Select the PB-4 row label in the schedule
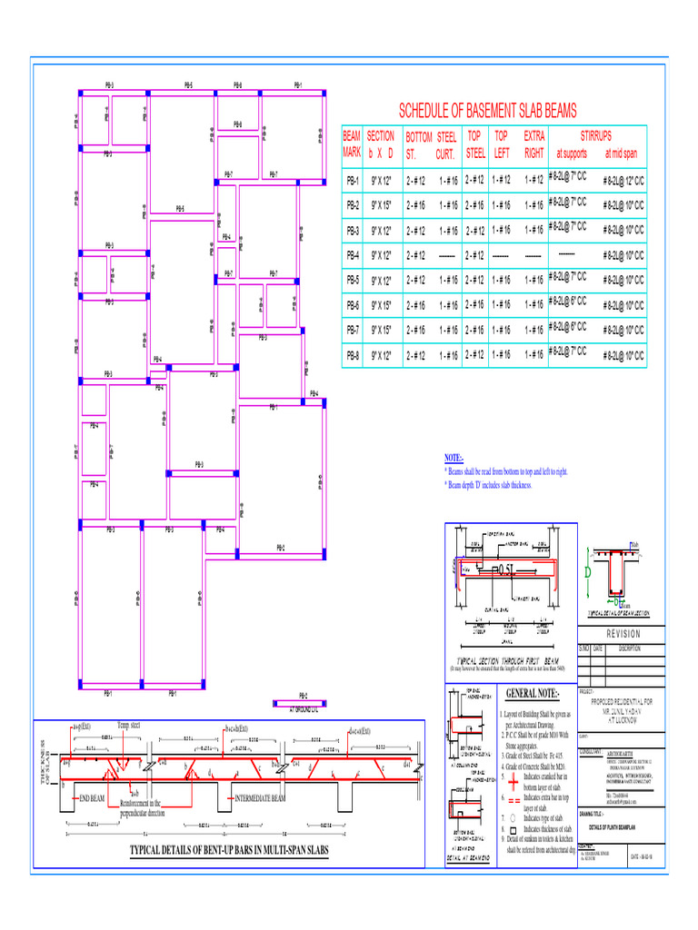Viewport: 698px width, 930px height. [353, 255]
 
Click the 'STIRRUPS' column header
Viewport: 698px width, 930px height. [595, 135]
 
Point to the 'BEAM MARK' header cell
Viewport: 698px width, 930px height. [352, 144]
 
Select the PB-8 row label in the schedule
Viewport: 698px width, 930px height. [353, 355]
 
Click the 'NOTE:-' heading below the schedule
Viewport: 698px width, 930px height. [454, 459]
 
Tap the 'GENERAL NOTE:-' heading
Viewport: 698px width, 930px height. [532, 695]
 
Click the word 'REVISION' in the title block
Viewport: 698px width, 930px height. [623, 634]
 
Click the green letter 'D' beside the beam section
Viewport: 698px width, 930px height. [588, 574]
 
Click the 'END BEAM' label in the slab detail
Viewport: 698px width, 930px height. [92, 798]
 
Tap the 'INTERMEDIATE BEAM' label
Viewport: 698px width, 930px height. [261, 798]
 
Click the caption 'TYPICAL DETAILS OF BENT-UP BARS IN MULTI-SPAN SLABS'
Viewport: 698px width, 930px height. [228, 851]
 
